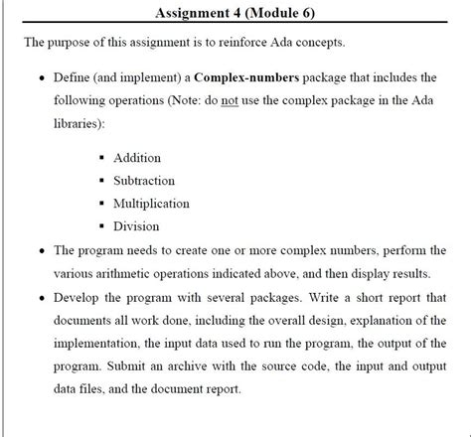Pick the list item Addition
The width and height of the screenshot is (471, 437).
(137, 158)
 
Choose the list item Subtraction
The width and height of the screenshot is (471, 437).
(144, 181)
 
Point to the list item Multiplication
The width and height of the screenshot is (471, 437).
(152, 204)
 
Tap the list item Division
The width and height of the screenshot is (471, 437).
(136, 226)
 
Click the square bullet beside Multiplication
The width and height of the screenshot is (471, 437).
(101, 204)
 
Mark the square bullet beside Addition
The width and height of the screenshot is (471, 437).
(101, 158)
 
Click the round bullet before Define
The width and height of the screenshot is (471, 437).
(38, 78)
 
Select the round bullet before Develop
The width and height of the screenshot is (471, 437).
(38, 296)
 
